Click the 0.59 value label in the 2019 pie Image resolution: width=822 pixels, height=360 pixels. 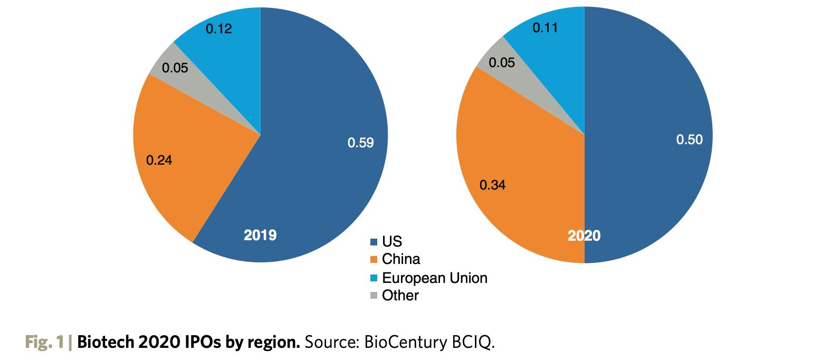tap(360, 143)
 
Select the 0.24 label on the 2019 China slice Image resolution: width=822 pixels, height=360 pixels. tap(159, 160)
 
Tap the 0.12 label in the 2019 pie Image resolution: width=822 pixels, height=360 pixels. tap(218, 29)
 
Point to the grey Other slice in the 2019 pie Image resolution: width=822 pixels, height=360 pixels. tap(175, 68)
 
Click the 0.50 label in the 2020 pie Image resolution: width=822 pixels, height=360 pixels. tap(690, 140)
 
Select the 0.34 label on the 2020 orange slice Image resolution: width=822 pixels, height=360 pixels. tap(492, 185)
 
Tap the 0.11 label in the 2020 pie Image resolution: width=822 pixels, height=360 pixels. tap(545, 28)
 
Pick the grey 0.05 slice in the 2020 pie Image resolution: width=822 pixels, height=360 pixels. tap(501, 63)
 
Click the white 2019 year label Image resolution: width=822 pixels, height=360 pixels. tap(260, 235)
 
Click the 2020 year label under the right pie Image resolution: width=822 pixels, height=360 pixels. tap(584, 236)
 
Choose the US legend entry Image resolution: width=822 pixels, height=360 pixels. tap(391, 242)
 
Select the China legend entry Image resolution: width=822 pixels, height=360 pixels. tap(400, 259)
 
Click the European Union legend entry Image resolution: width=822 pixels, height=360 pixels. tap(434, 278)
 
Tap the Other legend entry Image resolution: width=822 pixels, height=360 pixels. tap(400, 296)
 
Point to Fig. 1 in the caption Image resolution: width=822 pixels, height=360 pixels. tap(44, 343)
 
